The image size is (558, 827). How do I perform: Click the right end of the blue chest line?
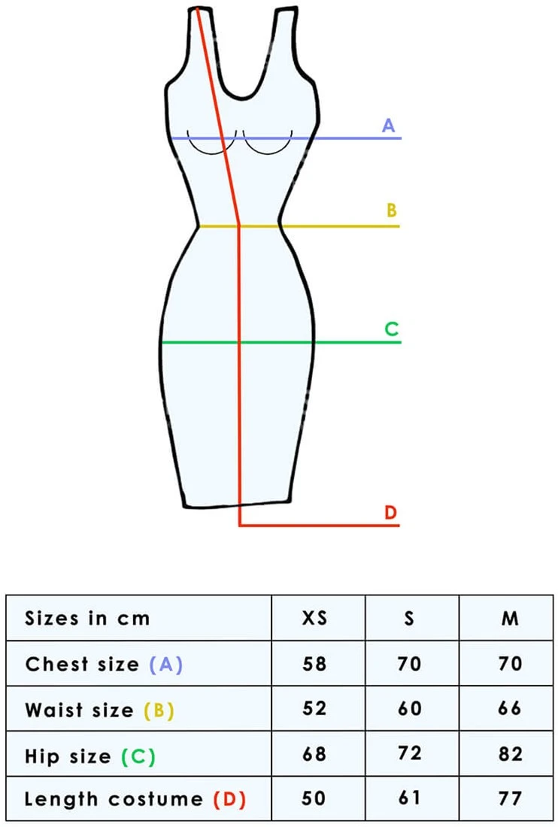click(x=401, y=138)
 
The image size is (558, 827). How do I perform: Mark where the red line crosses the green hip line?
click(x=240, y=343)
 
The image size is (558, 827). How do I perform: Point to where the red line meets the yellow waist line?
click(x=239, y=226)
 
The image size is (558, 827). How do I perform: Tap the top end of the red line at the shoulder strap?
click(x=198, y=8)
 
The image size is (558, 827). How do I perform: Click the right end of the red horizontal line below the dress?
click(x=399, y=526)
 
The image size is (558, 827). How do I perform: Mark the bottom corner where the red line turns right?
click(x=240, y=526)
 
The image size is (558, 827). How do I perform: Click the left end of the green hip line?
click(x=162, y=343)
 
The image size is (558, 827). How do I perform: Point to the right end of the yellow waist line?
click(x=399, y=226)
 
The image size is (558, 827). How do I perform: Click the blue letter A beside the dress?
click(x=389, y=126)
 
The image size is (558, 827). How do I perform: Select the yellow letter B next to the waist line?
click(x=391, y=210)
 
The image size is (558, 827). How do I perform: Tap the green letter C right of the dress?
click(x=391, y=329)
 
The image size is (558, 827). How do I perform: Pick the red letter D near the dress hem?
click(x=391, y=512)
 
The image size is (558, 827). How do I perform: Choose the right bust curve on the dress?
click(x=268, y=142)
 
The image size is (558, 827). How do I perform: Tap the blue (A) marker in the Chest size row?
click(x=166, y=664)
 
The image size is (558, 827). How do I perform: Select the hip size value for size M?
click(x=511, y=753)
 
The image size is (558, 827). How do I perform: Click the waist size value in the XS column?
click(x=314, y=707)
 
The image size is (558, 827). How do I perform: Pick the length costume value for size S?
click(x=410, y=798)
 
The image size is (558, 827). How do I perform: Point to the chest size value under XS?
click(x=314, y=663)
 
